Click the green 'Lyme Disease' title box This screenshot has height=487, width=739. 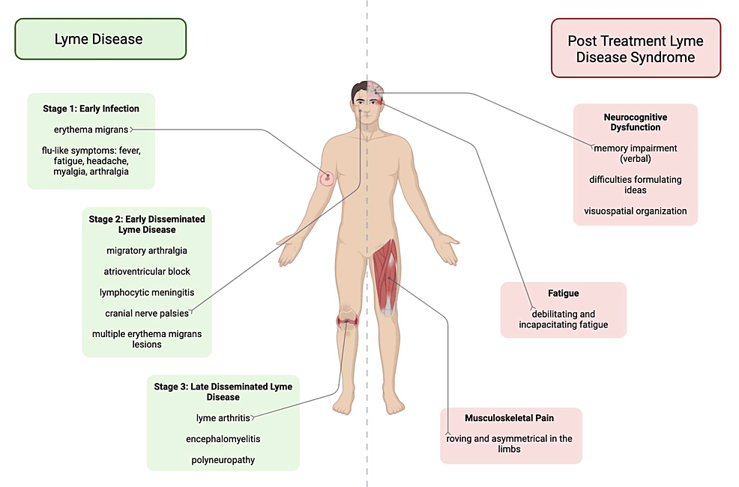pyautogui.click(x=100, y=39)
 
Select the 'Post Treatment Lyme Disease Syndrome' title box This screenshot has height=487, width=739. pyautogui.click(x=635, y=49)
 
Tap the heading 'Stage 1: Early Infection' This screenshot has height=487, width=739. pyautogui.click(x=91, y=109)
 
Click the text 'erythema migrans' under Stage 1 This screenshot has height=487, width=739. pyautogui.click(x=91, y=130)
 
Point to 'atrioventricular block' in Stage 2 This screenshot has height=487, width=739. pyautogui.click(x=147, y=271)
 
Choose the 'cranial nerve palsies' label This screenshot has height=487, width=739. pyautogui.click(x=147, y=313)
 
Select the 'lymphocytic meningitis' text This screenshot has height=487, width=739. pyautogui.click(x=147, y=292)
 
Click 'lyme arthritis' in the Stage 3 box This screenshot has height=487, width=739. pyautogui.click(x=223, y=417)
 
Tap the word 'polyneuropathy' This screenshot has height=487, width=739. pyautogui.click(x=223, y=459)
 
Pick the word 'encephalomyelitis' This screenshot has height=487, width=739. pyautogui.click(x=223, y=438)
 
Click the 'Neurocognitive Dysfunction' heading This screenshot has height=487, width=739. pyautogui.click(x=635, y=122)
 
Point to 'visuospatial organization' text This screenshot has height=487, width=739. pyautogui.click(x=635, y=211)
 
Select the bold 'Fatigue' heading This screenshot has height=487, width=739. pyautogui.click(x=563, y=293)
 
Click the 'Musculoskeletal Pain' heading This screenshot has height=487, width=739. pyautogui.click(x=509, y=418)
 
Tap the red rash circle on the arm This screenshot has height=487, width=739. pyautogui.click(x=328, y=178)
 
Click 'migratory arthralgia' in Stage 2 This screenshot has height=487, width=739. pyautogui.click(x=147, y=250)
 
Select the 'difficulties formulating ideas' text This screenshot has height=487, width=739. pyautogui.click(x=635, y=184)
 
